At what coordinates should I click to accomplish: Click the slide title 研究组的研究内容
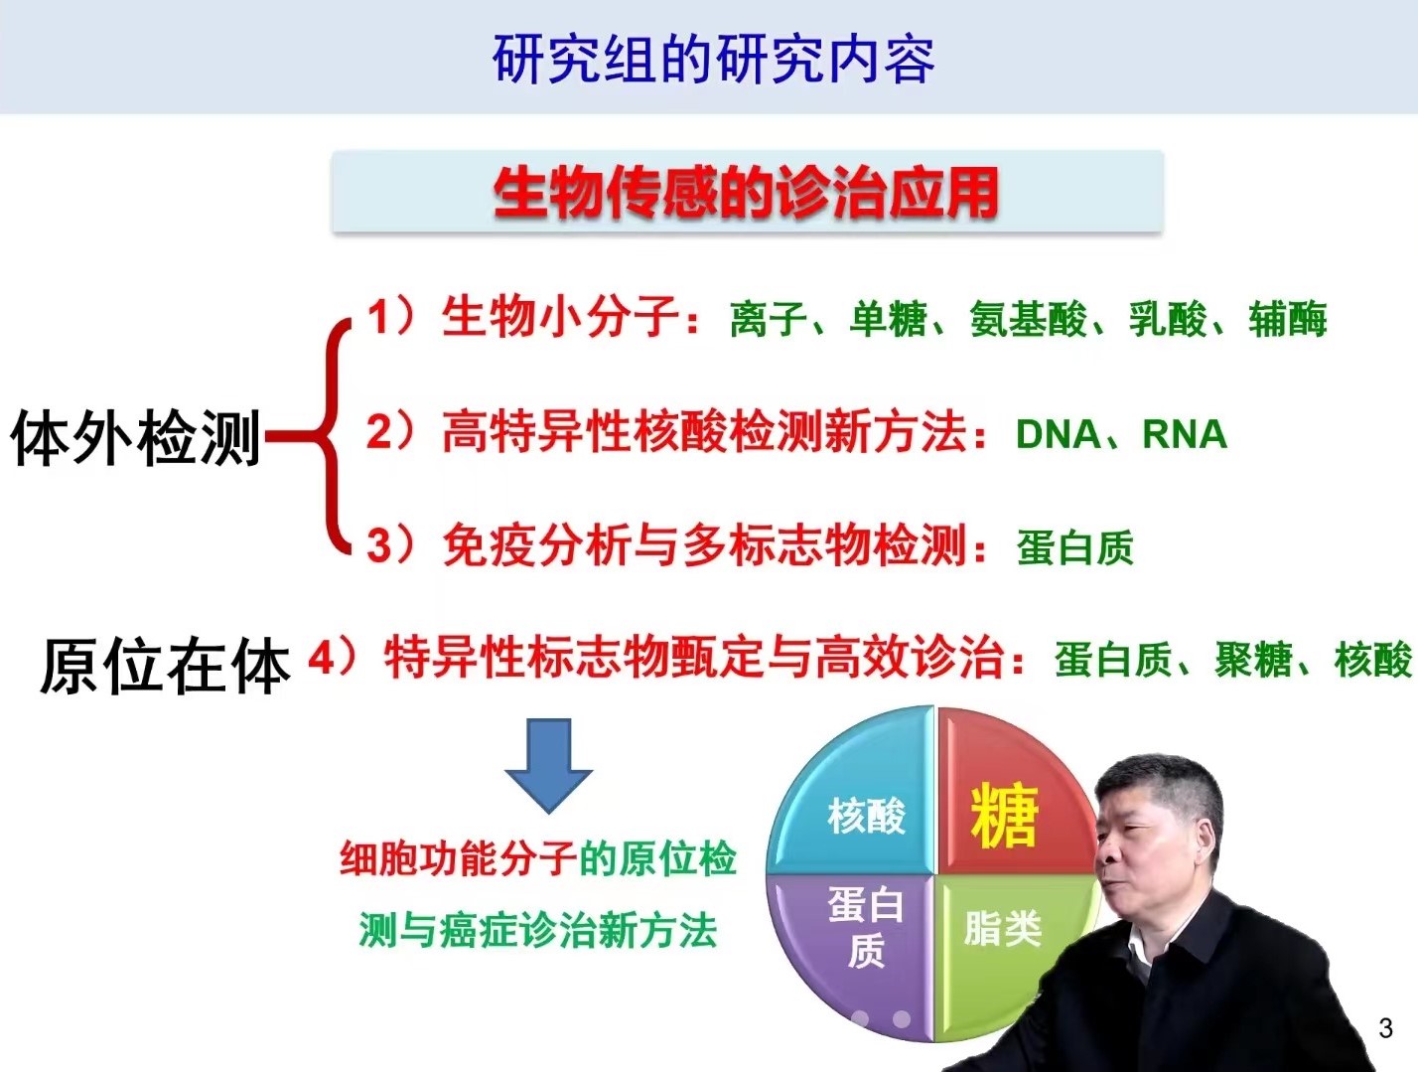(x=713, y=59)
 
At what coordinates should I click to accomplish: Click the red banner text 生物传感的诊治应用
(x=746, y=193)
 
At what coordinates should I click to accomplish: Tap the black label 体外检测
(x=135, y=437)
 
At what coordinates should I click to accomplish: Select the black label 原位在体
(x=164, y=666)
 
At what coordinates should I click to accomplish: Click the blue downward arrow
(x=548, y=764)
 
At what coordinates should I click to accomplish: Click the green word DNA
(x=1058, y=435)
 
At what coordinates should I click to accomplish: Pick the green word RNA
(x=1185, y=435)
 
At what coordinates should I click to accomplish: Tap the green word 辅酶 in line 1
(x=1288, y=320)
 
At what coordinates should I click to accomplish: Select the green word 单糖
(x=888, y=320)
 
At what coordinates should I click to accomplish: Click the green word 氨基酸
(x=1028, y=320)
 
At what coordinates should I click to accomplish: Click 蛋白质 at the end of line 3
(x=1074, y=547)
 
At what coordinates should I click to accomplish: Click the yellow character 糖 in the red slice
(x=1004, y=817)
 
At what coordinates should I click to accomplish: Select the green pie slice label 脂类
(x=1002, y=930)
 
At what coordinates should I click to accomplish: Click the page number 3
(x=1385, y=1028)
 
